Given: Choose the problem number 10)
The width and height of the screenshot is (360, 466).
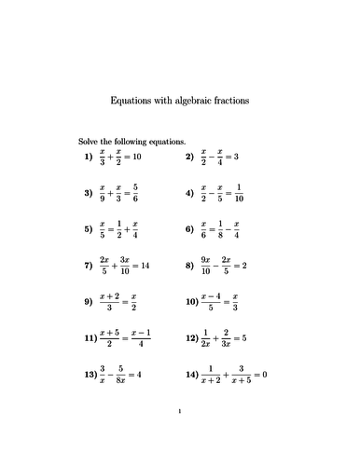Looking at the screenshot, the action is point(192,302).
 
